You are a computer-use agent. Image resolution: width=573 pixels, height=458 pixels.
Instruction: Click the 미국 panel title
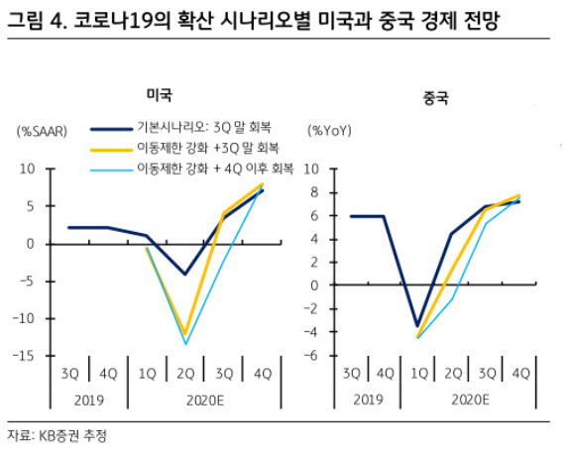click(160, 94)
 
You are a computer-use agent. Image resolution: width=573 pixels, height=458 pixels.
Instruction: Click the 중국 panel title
click(435, 97)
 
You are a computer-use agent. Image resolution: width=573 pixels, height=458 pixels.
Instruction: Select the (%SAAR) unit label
click(42, 131)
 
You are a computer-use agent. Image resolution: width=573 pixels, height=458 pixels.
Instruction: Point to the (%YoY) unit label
click(329, 131)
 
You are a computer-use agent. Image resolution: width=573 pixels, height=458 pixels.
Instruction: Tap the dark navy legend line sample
click(111, 129)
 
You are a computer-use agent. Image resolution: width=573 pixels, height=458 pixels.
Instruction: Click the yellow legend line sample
click(111, 150)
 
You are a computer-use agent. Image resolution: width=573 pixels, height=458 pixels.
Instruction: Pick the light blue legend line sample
click(111, 170)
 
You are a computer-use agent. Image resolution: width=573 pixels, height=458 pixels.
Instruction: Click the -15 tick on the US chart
click(24, 356)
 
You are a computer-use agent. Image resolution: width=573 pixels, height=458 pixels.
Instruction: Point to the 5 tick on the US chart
click(31, 206)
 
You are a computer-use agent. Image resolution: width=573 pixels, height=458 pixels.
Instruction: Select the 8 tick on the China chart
click(314, 192)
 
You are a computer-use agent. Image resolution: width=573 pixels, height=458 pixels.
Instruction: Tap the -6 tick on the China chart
click(311, 355)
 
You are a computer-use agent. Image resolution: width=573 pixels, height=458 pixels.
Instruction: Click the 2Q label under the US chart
click(185, 374)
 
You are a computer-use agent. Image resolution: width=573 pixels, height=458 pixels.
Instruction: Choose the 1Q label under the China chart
click(419, 373)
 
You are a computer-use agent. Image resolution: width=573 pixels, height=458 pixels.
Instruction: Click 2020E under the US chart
click(205, 401)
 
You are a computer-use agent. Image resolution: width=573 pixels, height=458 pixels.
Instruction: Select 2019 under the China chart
click(368, 400)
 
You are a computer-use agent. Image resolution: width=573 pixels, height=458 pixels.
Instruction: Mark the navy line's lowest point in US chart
click(185, 274)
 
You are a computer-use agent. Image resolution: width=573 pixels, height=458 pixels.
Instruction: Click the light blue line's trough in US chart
click(185, 344)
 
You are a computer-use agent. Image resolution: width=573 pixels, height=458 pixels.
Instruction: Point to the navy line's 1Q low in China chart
click(417, 325)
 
